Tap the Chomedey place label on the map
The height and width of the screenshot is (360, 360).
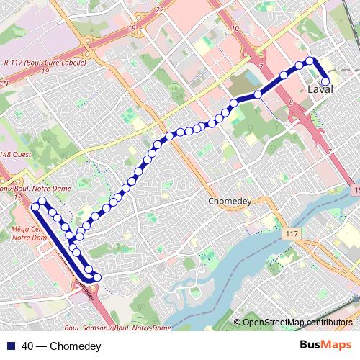(228, 201)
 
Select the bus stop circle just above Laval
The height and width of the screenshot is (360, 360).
(325, 81)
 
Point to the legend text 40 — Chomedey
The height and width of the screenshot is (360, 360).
(61, 346)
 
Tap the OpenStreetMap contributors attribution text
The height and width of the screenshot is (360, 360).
(298, 322)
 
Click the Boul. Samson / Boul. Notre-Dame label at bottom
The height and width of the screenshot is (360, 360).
(117, 328)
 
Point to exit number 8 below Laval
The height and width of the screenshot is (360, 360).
(292, 104)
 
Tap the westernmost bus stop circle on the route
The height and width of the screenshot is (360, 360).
(34, 207)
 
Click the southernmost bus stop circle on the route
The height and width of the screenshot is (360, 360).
(97, 277)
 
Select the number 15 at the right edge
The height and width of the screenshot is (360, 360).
(356, 189)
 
